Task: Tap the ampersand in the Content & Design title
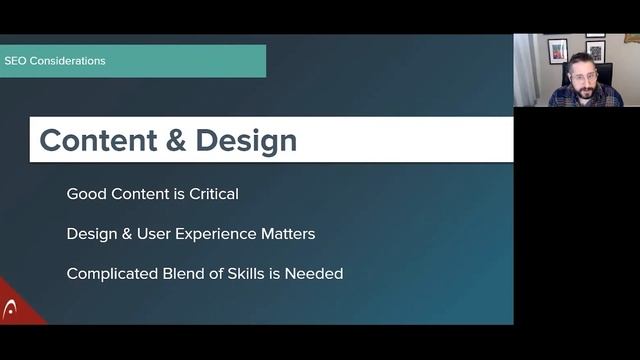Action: coord(174,141)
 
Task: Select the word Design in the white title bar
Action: coord(246,141)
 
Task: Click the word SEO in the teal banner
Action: coord(15,61)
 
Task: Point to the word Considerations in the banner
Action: coord(67,61)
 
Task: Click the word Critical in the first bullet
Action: coord(212,194)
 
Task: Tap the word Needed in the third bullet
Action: coord(315,273)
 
